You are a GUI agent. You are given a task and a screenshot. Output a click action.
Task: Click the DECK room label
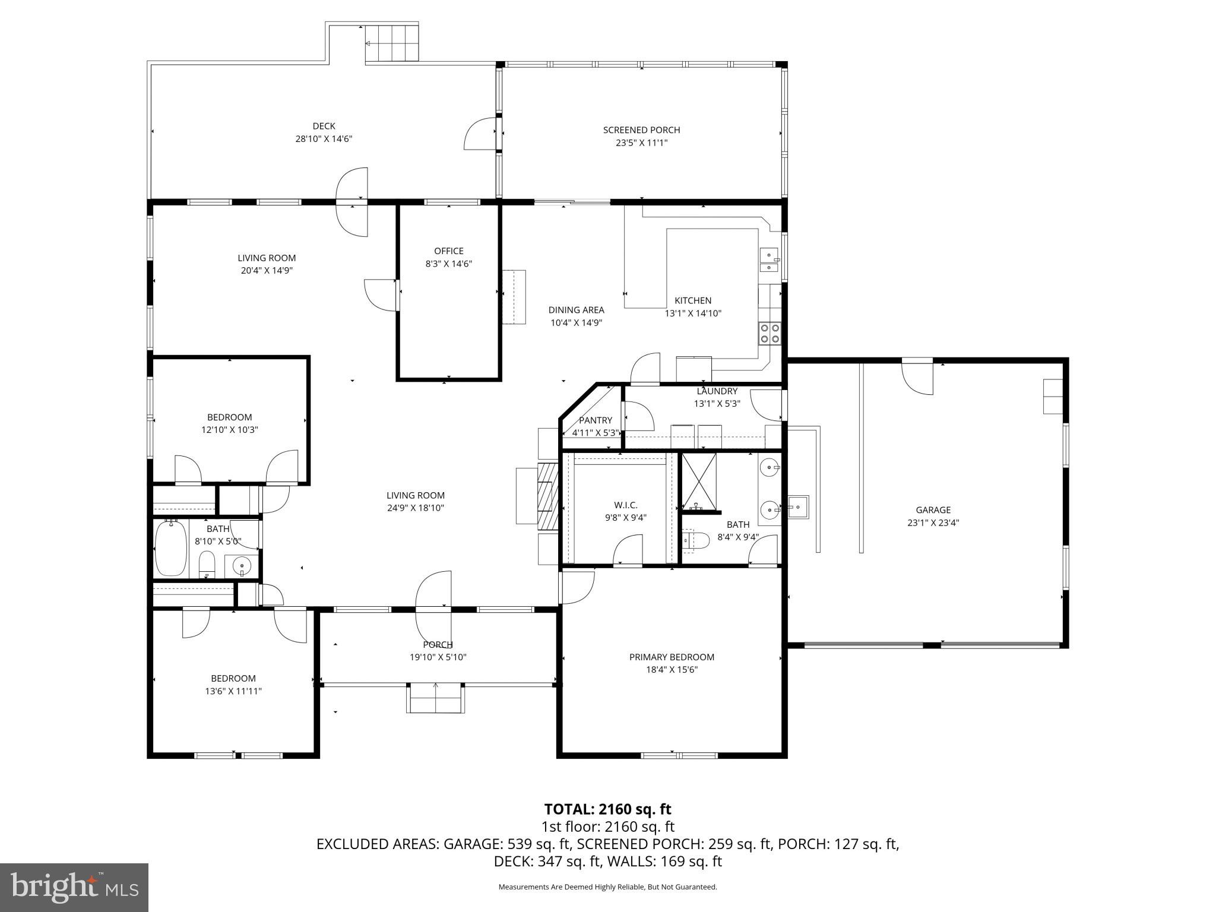pyautogui.click(x=324, y=126)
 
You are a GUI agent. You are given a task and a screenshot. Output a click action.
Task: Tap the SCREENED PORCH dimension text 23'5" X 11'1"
pyautogui.click(x=641, y=142)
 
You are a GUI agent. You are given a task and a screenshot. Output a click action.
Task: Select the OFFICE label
pyautogui.click(x=448, y=251)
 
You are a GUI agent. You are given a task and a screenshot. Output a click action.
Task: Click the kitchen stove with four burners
pyautogui.click(x=770, y=334)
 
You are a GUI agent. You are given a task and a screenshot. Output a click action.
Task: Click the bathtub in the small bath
pyautogui.click(x=171, y=549)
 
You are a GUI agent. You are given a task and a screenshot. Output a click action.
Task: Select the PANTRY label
pyautogui.click(x=595, y=420)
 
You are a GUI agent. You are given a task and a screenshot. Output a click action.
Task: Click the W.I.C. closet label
pyautogui.click(x=625, y=505)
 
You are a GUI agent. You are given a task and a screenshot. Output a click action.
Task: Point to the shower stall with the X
pyautogui.click(x=698, y=481)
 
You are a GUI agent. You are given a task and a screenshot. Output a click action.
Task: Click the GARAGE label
pyautogui.click(x=933, y=510)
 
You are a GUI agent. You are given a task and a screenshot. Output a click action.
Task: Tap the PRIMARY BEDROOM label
pyautogui.click(x=672, y=657)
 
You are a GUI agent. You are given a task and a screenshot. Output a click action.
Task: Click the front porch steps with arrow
pyautogui.click(x=435, y=698)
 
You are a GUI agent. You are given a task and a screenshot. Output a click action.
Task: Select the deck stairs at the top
pyautogui.click(x=391, y=43)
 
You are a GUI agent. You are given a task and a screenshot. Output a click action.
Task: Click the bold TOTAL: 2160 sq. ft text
pyautogui.click(x=607, y=809)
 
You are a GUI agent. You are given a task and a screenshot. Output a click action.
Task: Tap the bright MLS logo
pyautogui.click(x=74, y=887)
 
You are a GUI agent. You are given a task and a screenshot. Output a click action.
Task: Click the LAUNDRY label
pyautogui.click(x=717, y=391)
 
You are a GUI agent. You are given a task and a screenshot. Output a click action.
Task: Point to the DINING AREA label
pyautogui.click(x=576, y=310)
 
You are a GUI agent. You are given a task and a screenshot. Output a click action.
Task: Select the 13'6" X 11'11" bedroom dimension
pyautogui.click(x=233, y=691)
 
